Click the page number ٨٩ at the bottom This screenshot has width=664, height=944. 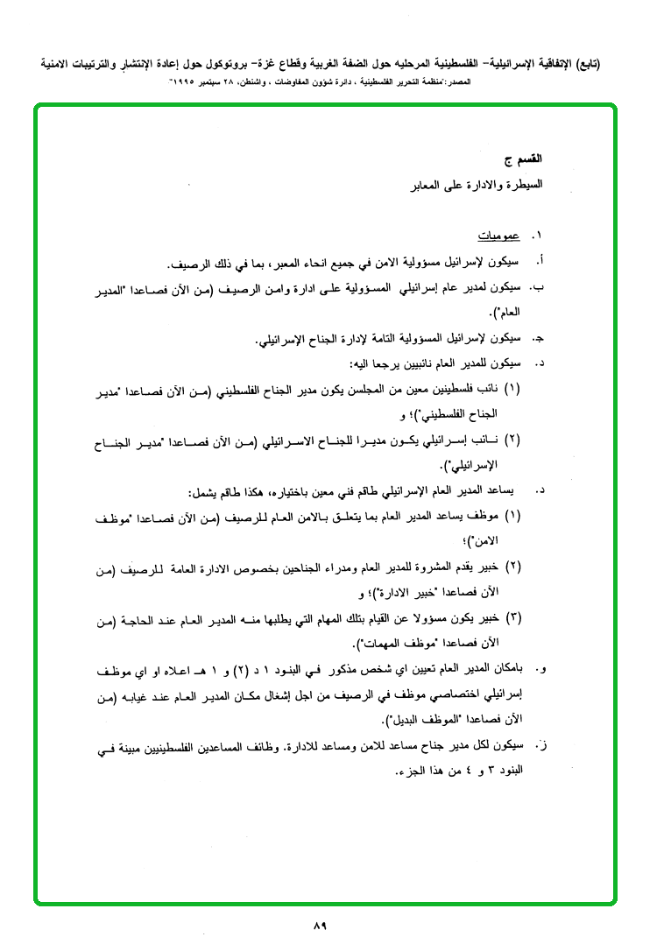[x=318, y=926]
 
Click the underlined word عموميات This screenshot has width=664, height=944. [x=499, y=236]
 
